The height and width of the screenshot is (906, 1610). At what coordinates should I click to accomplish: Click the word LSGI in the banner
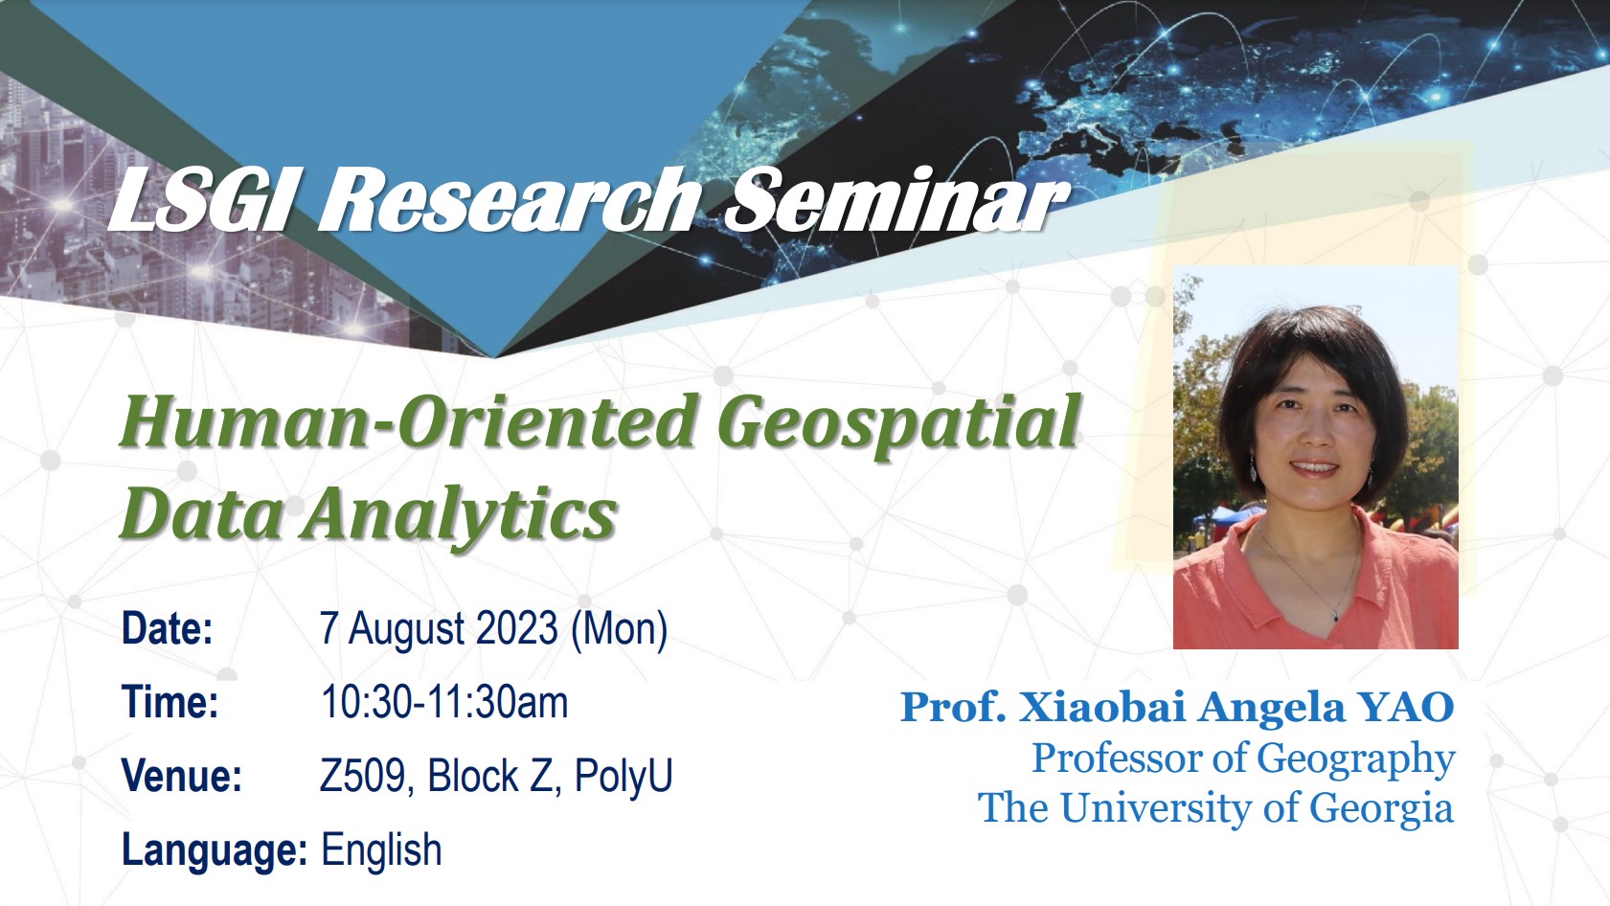200,200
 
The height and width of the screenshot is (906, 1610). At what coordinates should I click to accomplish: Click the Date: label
168,628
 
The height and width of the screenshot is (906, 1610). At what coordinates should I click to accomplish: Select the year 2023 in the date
517,628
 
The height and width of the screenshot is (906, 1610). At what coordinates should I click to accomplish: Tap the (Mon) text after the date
619,630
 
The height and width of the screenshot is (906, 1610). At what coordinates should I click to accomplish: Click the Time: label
170,702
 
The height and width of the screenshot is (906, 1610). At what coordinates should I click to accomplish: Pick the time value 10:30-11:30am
444,702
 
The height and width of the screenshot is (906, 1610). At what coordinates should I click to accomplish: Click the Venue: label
182,776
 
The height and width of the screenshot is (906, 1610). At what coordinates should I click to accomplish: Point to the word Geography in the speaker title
1355,760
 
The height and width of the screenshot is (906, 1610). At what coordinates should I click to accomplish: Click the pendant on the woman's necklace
1335,617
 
